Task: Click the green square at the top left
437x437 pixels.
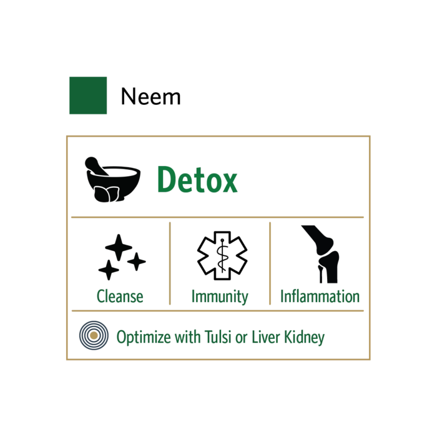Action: pos(87,95)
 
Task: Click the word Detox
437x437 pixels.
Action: pos(197,181)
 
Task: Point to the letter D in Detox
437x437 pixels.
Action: pos(164,181)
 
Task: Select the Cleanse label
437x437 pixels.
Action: pos(120,296)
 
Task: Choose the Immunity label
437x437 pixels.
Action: pos(220,296)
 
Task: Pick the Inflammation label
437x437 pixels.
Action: pos(320,296)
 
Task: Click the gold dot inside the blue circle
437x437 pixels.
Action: pos(94,336)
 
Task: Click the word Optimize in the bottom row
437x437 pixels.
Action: pos(139,338)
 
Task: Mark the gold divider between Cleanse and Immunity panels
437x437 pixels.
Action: pos(169,263)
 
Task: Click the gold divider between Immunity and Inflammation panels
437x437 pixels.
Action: pos(270,263)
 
